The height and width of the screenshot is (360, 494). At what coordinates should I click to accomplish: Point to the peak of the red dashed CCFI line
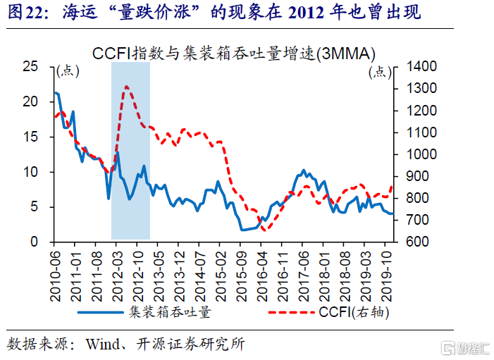click(x=125, y=87)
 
